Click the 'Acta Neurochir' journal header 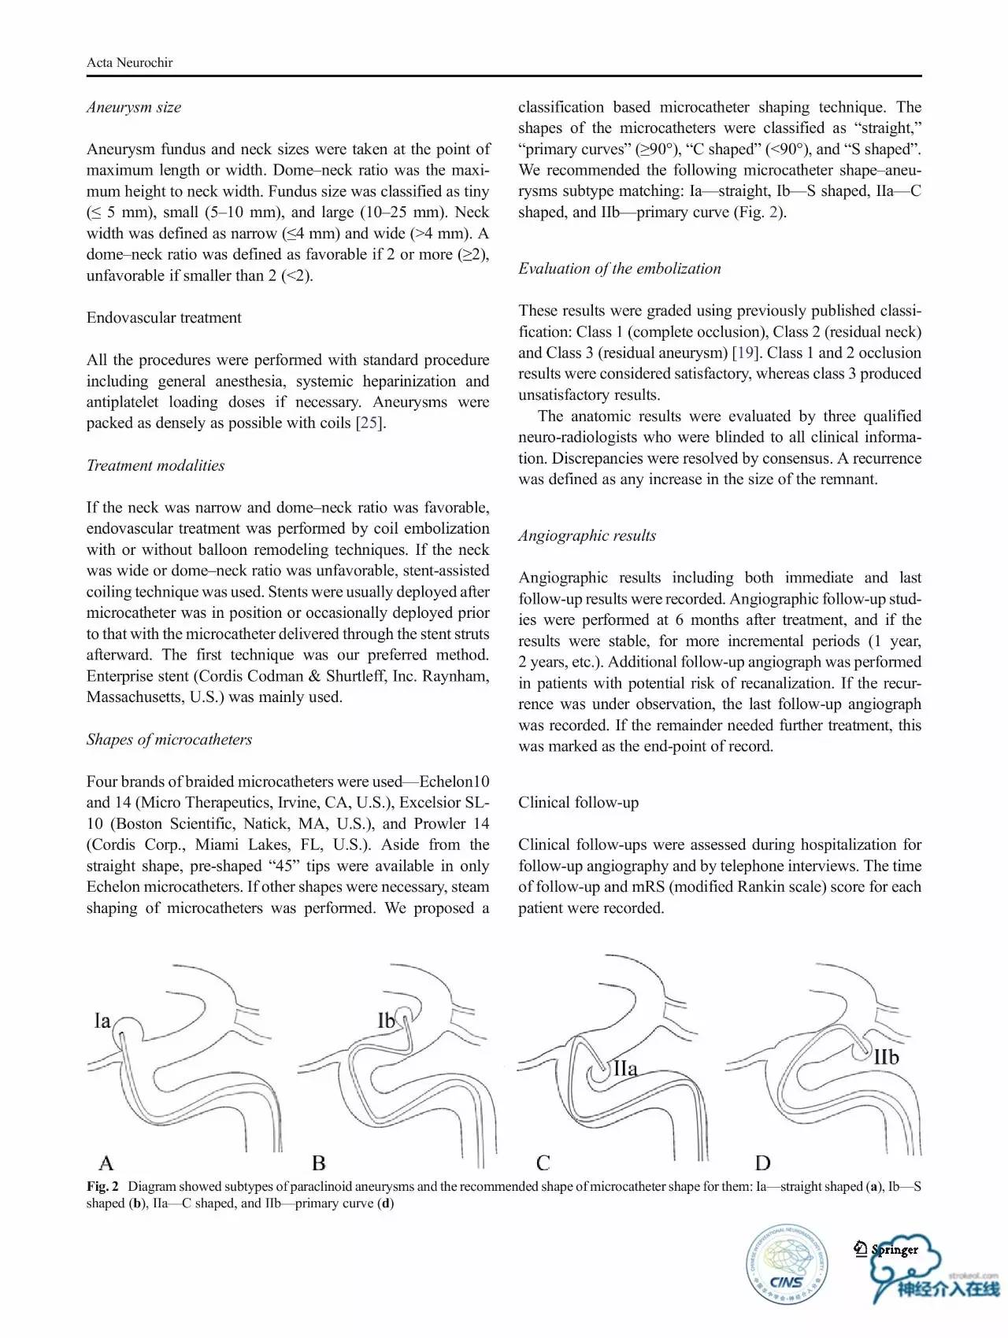tap(129, 63)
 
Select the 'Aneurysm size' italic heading tap(134, 107)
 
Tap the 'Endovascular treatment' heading tap(164, 318)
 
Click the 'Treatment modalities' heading tap(155, 466)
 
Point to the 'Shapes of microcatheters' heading tap(169, 740)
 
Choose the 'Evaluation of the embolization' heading tap(619, 269)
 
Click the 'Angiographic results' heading tap(587, 536)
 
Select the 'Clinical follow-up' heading tap(578, 803)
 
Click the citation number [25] tap(369, 423)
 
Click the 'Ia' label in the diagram tap(102, 1022)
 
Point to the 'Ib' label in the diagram tap(386, 1022)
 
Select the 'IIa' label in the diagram tap(625, 1069)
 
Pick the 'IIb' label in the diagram tap(886, 1057)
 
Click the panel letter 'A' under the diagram tap(106, 1162)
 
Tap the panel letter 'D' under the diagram tap(762, 1162)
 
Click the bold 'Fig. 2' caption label tap(102, 1187)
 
